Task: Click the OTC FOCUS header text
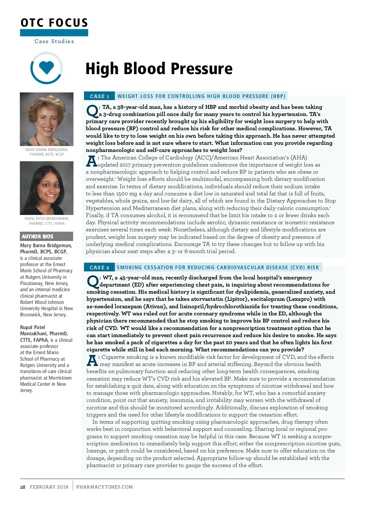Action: pyautogui.click(x=54, y=23)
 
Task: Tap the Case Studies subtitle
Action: pyautogui.click(x=54, y=41)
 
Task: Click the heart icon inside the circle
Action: pyautogui.click(x=46, y=68)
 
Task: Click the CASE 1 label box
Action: pyautogui.click(x=99, y=96)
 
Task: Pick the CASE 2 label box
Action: pyautogui.click(x=99, y=267)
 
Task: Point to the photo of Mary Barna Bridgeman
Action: pyautogui.click(x=46, y=119)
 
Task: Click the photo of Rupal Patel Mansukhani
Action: pyautogui.click(x=46, y=188)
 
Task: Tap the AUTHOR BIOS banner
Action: pyautogui.click(x=46, y=236)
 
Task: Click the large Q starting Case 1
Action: pyautogui.click(x=92, y=111)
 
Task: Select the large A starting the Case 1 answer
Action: pyautogui.click(x=91, y=161)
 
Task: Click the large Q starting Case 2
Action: pyautogui.click(x=92, y=281)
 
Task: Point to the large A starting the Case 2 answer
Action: pyautogui.click(x=92, y=360)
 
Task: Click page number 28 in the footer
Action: pyautogui.click(x=23, y=487)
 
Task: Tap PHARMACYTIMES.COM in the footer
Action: pyautogui.click(x=104, y=487)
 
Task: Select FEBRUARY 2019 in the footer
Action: pyautogui.click(x=49, y=487)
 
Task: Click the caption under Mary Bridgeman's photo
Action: pyautogui.click(x=46, y=152)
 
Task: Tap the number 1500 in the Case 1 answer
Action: pyautogui.click(x=122, y=194)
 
